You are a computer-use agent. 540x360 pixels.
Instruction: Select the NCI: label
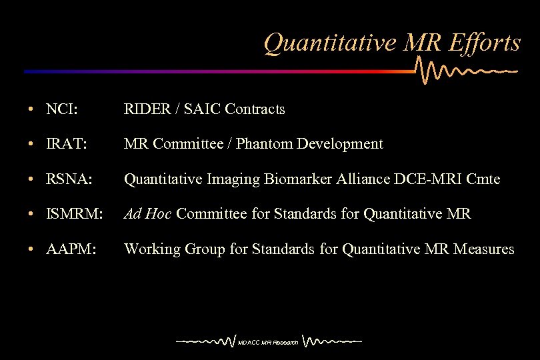(62, 109)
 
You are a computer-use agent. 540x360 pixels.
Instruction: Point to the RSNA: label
(69, 179)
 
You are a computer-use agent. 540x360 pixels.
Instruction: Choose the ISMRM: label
(75, 214)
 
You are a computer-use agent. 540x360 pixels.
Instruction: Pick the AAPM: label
(71, 249)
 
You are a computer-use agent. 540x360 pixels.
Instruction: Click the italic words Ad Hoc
(149, 214)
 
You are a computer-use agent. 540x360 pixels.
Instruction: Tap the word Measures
(484, 249)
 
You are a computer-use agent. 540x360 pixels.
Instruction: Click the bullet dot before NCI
(31, 109)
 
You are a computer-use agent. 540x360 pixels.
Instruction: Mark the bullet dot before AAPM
(31, 250)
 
